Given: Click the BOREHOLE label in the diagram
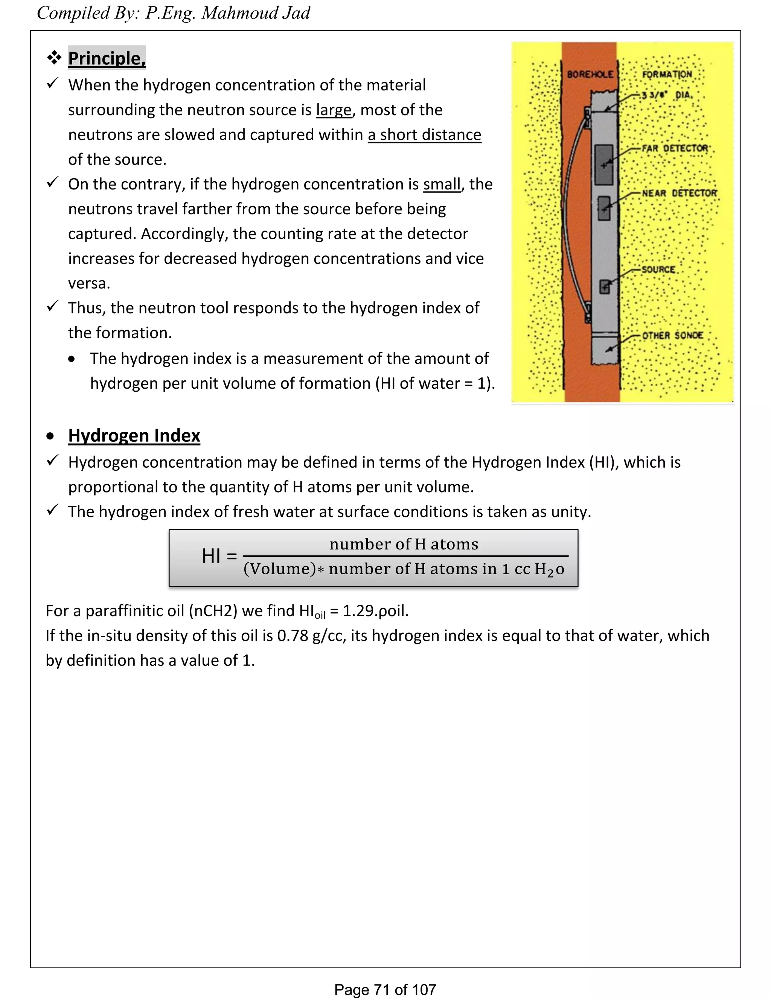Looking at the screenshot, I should coord(590,75).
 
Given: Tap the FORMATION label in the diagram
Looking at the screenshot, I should coord(667,75).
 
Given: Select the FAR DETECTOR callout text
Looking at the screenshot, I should coord(675,148).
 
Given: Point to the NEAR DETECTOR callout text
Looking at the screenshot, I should coord(679,193).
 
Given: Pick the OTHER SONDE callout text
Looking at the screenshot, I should coord(672,336).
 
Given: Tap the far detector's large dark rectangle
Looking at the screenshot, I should coord(604,165).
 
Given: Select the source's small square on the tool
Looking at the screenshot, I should coord(604,287).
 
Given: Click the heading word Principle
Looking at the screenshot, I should coord(107,58).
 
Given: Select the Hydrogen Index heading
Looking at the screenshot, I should coord(134,435).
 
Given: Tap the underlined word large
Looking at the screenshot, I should coord(334,110).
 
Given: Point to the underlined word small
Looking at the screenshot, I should coord(442,184).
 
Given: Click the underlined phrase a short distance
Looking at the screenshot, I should coord(424,135).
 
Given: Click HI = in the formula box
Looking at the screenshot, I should coord(219,556).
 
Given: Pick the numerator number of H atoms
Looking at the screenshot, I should coord(404,544).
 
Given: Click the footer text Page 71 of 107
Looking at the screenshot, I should coord(385,989).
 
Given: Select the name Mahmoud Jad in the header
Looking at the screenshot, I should coord(256,13).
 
